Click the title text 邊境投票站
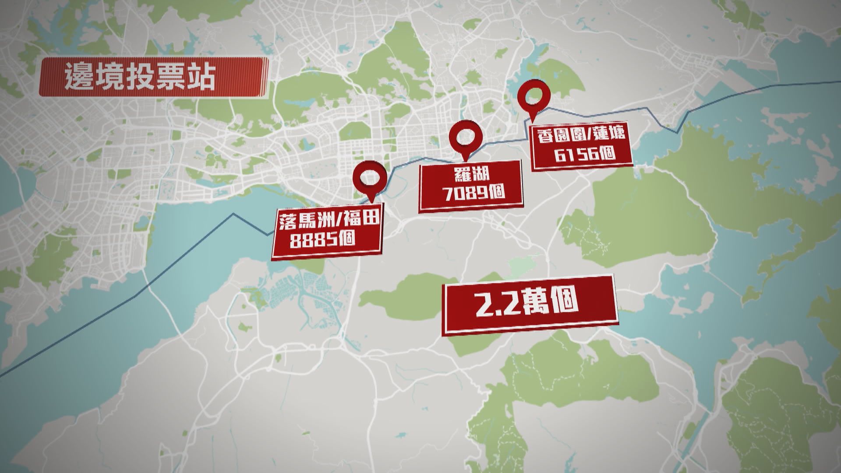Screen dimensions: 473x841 pos(140,78)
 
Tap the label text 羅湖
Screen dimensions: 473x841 pos(470,175)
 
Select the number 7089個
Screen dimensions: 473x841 pos(473,193)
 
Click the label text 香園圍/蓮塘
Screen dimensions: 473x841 pos(580,136)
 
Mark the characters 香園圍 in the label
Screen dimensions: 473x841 pos(557,137)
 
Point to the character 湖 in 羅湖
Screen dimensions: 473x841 pos(481,174)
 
